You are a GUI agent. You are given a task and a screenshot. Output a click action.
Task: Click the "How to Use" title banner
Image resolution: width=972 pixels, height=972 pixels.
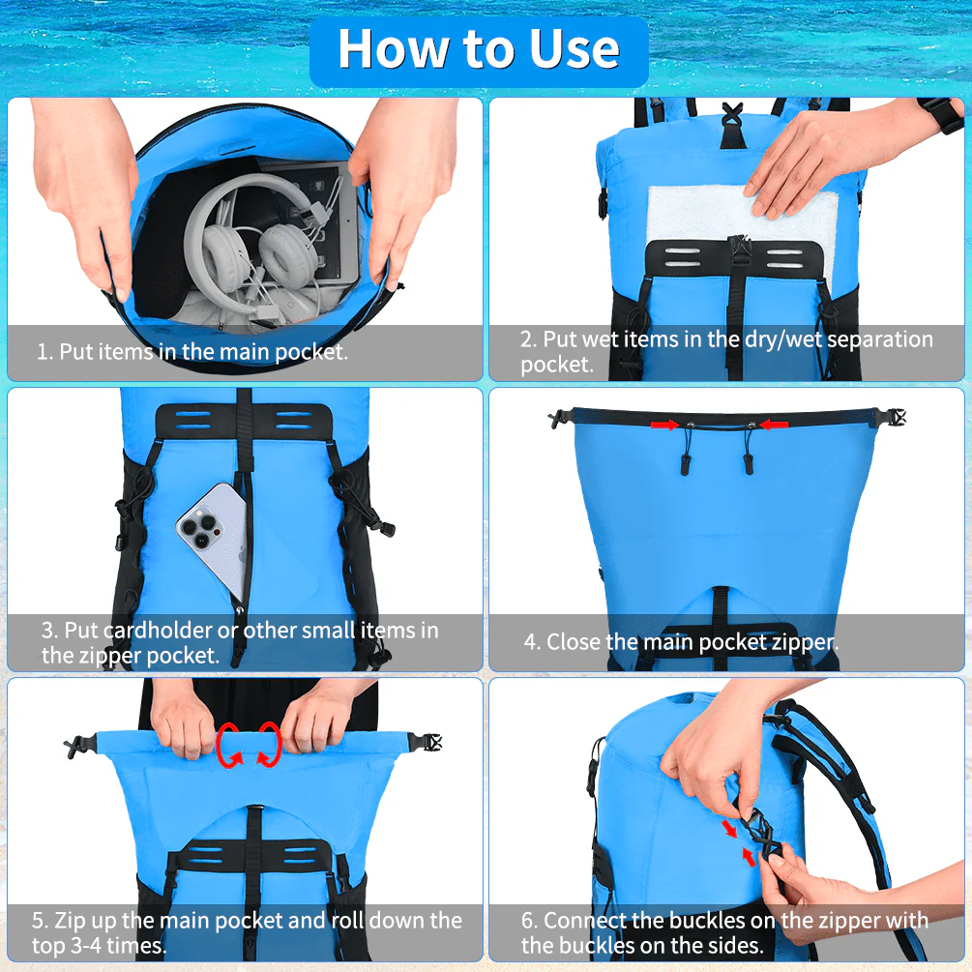pos(479,49)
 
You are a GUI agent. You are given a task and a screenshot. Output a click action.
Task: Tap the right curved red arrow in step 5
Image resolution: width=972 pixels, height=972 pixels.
pos(269,745)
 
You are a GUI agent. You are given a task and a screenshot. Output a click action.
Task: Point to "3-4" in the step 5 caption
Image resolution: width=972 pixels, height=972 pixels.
pos(74,945)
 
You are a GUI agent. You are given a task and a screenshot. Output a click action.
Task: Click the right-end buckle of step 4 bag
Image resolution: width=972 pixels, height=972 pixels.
pos(891,418)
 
